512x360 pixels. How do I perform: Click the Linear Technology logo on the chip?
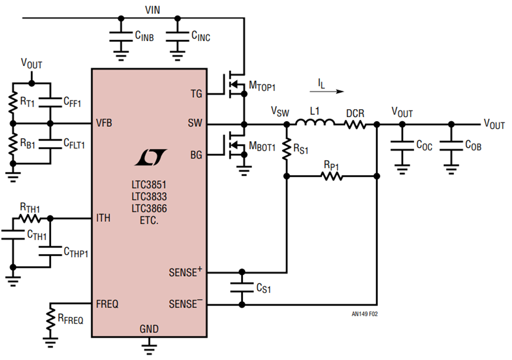(151, 157)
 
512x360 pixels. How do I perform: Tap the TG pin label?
(196, 94)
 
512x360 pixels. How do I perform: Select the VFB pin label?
(104, 123)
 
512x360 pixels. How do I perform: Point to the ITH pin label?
(103, 218)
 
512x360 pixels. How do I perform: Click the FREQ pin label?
(107, 304)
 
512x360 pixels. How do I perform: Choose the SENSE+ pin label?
(185, 272)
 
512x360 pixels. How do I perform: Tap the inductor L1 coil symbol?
(315, 122)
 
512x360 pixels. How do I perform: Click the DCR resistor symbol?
(355, 125)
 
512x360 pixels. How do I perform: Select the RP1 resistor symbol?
(332, 176)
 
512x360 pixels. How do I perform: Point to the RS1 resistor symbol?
(287, 149)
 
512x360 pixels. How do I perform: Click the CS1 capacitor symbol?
(242, 288)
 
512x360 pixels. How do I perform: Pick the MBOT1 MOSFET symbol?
(234, 145)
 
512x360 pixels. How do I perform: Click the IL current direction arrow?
(327, 92)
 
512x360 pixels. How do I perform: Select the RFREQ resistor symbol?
(50, 319)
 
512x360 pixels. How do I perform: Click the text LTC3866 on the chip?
(149, 208)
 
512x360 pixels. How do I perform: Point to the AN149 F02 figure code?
(365, 314)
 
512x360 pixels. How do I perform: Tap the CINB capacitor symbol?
(121, 36)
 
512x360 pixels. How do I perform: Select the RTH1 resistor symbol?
(30, 218)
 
